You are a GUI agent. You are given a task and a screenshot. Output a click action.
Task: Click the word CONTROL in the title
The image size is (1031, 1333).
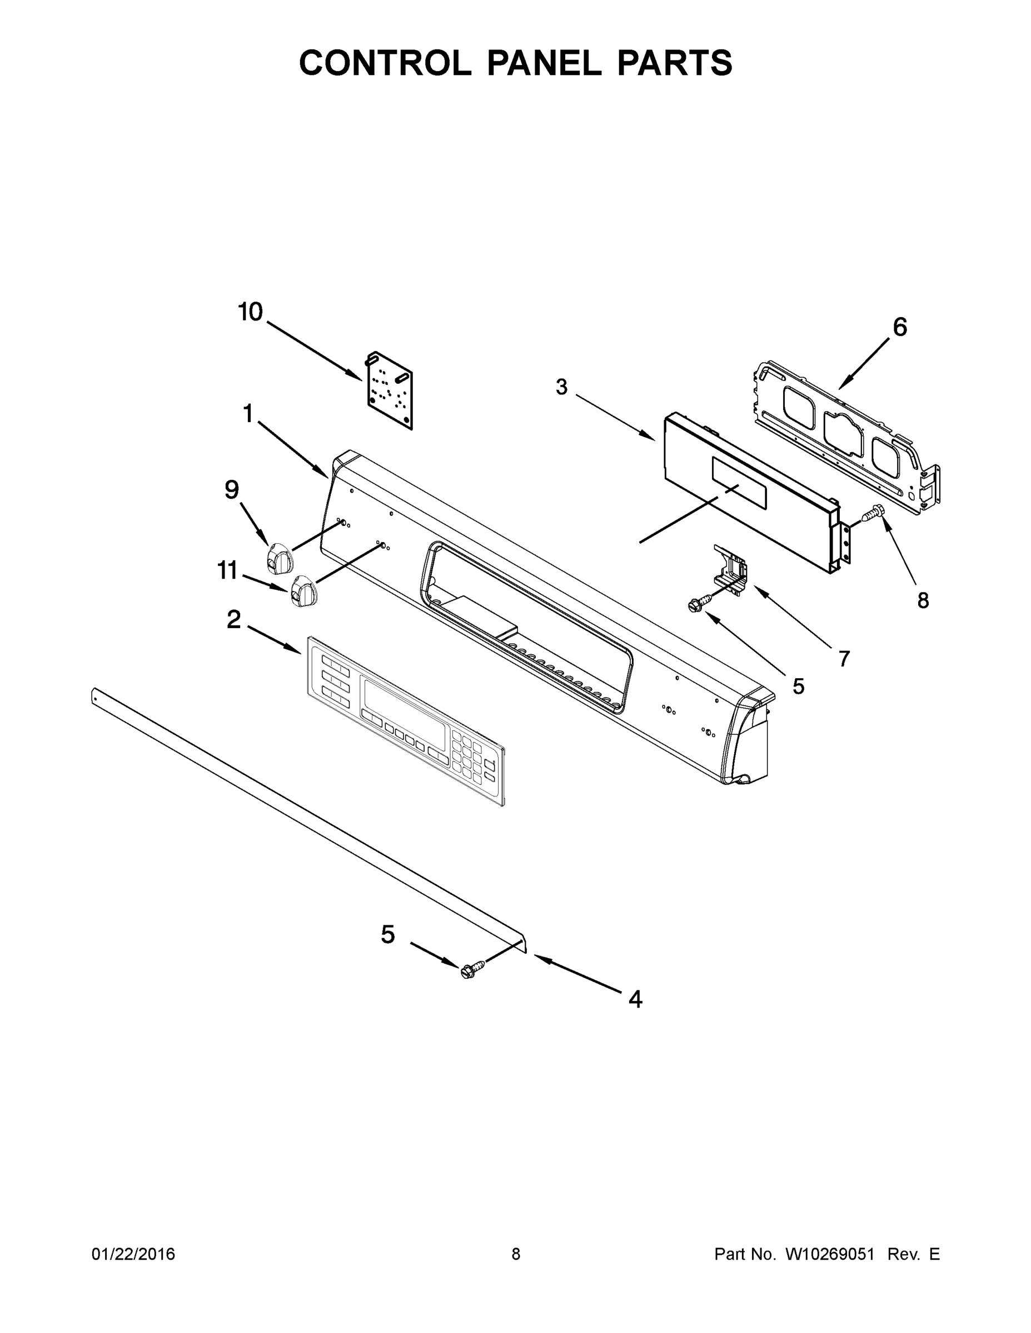(385, 63)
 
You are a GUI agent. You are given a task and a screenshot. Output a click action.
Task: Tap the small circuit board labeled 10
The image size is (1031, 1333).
(390, 390)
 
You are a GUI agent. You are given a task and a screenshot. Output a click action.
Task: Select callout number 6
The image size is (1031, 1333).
(900, 328)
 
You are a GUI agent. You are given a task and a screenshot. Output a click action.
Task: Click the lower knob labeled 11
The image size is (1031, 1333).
(303, 591)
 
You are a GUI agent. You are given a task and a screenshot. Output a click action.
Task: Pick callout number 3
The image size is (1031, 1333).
(561, 387)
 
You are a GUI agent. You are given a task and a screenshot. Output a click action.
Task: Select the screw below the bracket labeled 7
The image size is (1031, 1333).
(697, 604)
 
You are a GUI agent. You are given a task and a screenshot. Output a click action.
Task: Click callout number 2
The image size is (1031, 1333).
(233, 620)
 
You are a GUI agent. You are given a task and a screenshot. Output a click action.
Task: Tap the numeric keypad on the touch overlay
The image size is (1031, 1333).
(467, 759)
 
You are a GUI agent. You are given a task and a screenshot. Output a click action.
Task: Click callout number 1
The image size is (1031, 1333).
(247, 414)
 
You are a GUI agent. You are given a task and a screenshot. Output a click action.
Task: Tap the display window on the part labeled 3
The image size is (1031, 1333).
(739, 483)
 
